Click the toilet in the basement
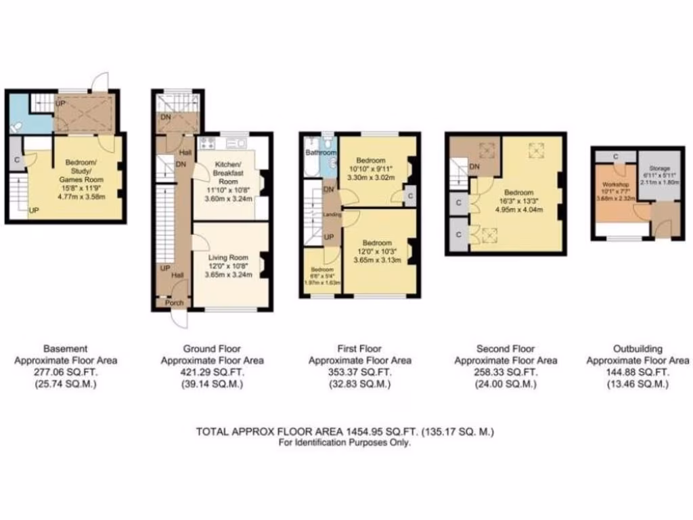[16, 126]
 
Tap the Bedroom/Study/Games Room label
[85, 171]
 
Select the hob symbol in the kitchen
[206, 143]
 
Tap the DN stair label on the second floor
[476, 167]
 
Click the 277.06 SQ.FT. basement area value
[66, 372]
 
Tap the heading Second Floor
[506, 349]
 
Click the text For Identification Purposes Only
[344, 443]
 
